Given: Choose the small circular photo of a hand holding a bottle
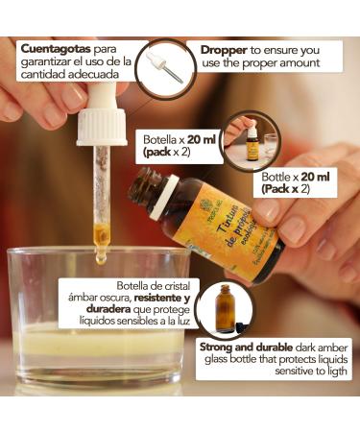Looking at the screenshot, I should pyautogui.click(x=251, y=141).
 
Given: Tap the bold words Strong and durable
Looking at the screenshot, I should pyautogui.click(x=245, y=346).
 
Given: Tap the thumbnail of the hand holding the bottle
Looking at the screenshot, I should pyautogui.click(x=251, y=141).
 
